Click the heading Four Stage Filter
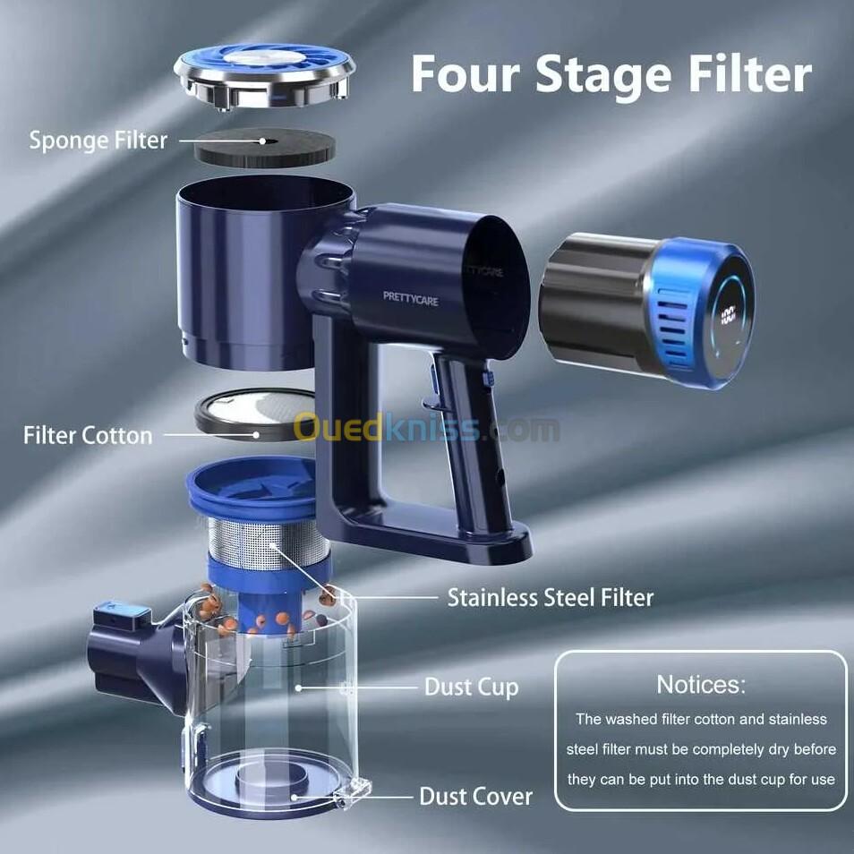pos(611,74)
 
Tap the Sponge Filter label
pos(98,141)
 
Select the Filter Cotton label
pos(88,436)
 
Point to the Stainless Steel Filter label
pos(551,597)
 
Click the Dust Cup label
pos(471,687)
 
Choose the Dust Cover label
pos(475,797)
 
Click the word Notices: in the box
pos(701,685)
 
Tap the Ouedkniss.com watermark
pos(426,428)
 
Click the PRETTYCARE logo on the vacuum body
pos(411,298)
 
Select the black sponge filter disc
pos(265,148)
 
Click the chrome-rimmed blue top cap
pos(265,77)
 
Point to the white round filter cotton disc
pos(256,414)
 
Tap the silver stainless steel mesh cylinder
pos(268,543)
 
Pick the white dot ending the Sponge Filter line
pos(262,141)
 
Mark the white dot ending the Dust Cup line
pos(298,687)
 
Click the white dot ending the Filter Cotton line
pos(256,435)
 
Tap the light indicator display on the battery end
pos(728,314)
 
